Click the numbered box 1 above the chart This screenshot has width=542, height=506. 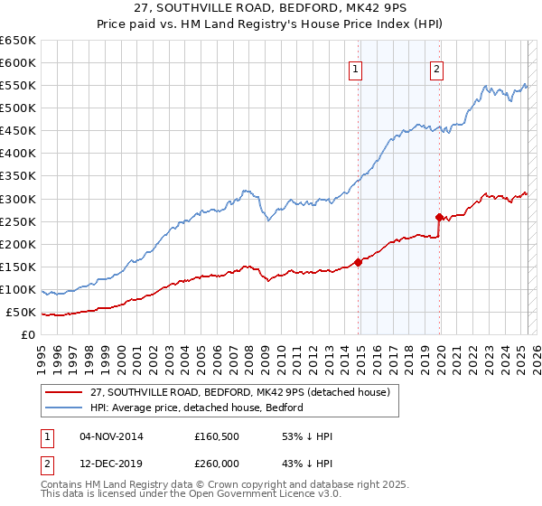[355, 70]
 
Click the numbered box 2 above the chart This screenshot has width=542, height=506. [436, 70]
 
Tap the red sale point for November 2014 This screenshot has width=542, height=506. [359, 262]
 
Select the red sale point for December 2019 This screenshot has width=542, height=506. [440, 217]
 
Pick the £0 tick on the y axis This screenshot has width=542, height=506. [30, 335]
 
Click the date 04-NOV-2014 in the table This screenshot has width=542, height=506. [111, 436]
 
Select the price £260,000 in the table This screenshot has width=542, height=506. [216, 463]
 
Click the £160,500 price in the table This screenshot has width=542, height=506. [216, 436]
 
